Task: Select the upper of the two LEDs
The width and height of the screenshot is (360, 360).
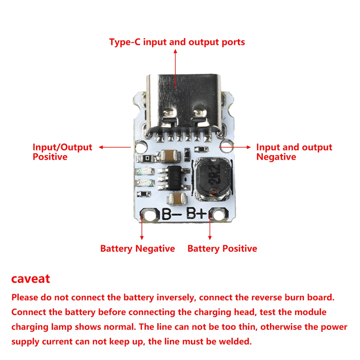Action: [x=143, y=171]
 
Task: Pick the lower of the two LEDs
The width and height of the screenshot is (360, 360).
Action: [x=143, y=183]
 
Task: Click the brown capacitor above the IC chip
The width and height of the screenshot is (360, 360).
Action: [x=171, y=156]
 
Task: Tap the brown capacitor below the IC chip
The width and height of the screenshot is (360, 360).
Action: [x=179, y=197]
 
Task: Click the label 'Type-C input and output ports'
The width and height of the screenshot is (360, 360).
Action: [x=177, y=42]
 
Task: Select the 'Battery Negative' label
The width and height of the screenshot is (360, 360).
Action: [x=138, y=248]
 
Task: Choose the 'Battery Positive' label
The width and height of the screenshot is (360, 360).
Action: [x=222, y=248]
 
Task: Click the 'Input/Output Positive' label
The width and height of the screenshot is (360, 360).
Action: [x=62, y=152]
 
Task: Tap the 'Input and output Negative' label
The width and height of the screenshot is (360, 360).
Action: [x=294, y=152]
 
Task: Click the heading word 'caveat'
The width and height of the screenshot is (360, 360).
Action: [x=31, y=279]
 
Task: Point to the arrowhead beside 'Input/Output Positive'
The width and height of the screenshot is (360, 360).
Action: [x=101, y=147]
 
